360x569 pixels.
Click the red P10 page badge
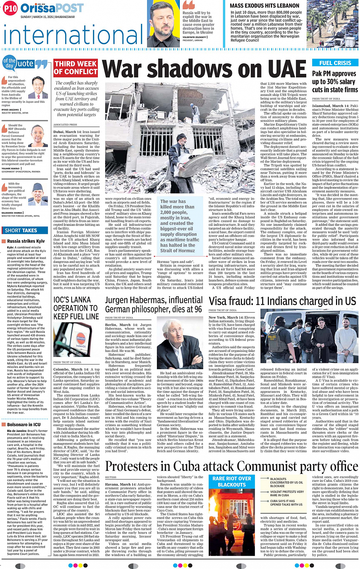(11, 8)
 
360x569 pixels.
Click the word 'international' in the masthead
(74, 35)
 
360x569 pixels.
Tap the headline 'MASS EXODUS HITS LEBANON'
(264, 6)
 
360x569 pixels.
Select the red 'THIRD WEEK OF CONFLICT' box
(75, 68)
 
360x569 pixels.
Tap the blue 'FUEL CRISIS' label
(335, 63)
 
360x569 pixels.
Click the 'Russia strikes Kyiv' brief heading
(26, 241)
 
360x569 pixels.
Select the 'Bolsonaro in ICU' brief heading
(24, 424)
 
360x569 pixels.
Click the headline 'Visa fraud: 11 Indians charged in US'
(282, 301)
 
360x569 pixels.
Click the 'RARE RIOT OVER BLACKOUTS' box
(232, 481)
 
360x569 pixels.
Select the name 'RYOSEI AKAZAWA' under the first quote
(10, 110)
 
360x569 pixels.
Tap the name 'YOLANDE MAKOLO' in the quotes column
(11, 168)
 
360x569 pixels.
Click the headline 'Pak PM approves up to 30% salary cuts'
(334, 82)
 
